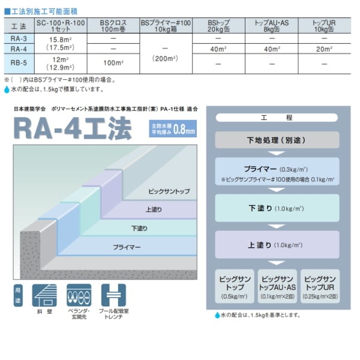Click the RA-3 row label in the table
pyautogui.click(x=18, y=38)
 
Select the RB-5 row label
pyautogui.click(x=18, y=62)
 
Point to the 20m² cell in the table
pyautogui.click(x=324, y=49)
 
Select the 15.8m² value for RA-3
pyautogui.click(x=59, y=38)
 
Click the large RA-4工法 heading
pyautogui.click(x=78, y=128)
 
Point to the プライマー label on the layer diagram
pyautogui.click(x=126, y=247)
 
